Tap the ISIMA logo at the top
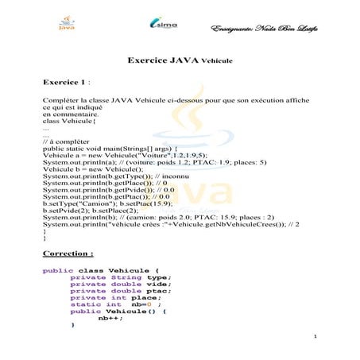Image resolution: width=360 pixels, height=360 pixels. point(165,26)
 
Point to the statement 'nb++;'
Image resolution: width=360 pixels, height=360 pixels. point(108,318)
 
